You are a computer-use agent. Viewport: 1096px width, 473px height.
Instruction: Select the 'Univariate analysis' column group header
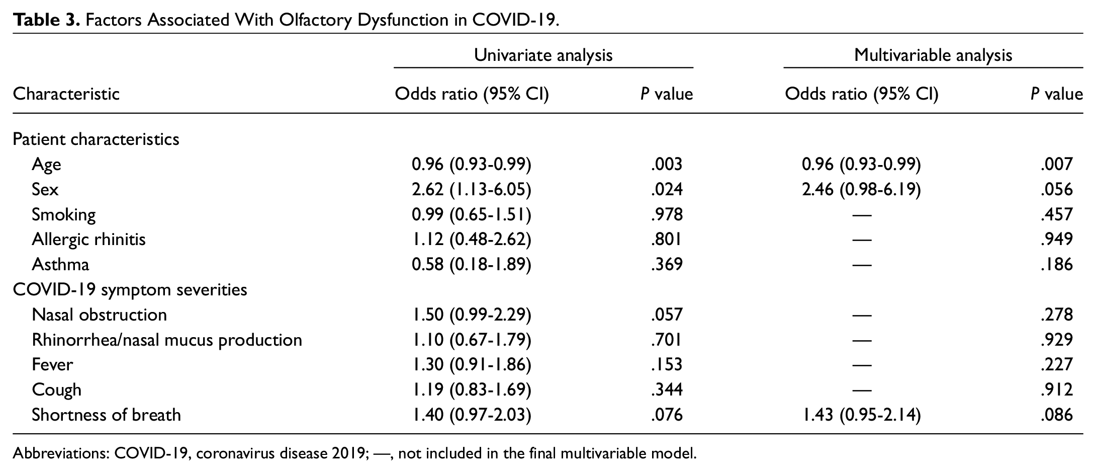point(543,55)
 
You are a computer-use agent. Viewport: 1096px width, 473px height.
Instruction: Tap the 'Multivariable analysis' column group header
point(933,55)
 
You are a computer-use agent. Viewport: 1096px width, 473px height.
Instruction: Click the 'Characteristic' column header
point(66,94)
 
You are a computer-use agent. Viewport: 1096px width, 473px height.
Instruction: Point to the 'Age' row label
point(46,165)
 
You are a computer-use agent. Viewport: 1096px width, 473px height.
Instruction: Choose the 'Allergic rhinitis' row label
point(88,240)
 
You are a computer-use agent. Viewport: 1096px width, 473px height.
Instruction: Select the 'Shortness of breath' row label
point(106,415)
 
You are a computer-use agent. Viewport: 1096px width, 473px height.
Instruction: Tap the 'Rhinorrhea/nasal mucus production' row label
point(167,340)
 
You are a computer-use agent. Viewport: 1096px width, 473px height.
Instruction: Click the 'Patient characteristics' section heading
point(96,139)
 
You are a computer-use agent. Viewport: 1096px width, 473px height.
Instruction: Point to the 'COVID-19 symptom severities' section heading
point(130,290)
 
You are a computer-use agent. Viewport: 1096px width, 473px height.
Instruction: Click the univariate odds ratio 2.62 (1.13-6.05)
point(472,189)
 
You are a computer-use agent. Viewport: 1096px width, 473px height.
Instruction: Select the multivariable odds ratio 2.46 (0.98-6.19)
point(861,189)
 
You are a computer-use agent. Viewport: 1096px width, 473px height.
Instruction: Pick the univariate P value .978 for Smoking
point(667,214)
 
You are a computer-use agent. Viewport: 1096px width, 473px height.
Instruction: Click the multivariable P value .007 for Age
point(1057,164)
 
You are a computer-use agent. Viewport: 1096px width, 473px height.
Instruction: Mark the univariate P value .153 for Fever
point(667,364)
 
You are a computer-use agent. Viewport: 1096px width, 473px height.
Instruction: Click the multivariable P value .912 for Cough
point(1057,389)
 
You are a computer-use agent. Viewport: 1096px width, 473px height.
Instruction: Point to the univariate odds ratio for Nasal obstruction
point(472,315)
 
